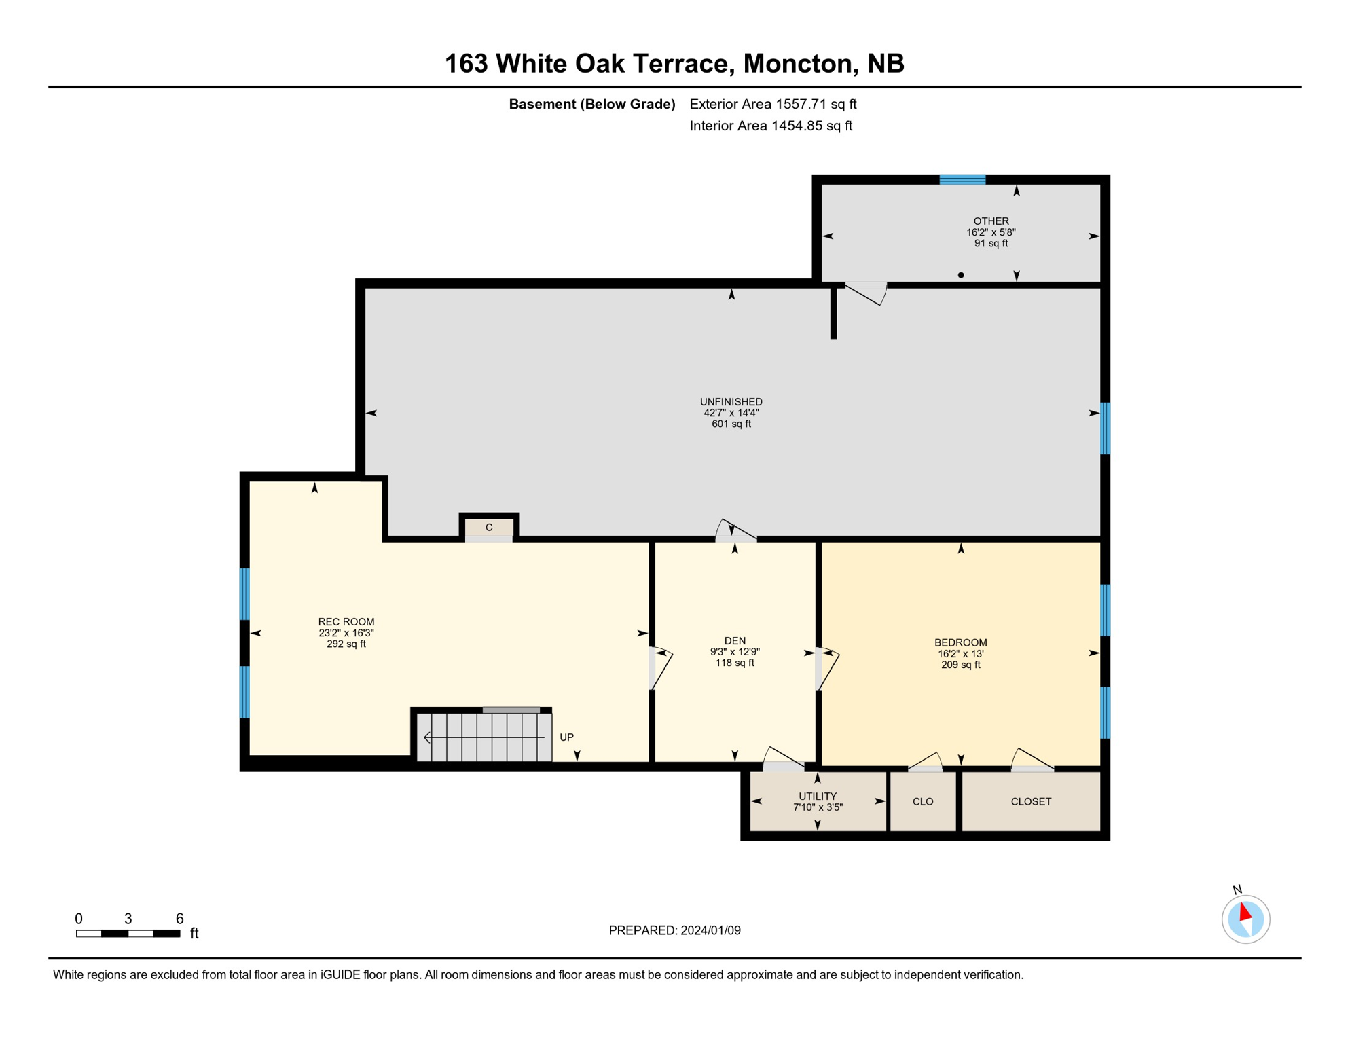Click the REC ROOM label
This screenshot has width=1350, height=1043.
[x=346, y=621]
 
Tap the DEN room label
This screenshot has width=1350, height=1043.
[x=735, y=640]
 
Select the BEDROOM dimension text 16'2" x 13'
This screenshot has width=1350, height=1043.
[x=960, y=653]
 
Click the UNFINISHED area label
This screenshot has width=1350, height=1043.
[x=731, y=401]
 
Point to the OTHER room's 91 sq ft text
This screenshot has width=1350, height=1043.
[x=991, y=243]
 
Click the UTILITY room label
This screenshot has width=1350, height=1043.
[x=817, y=796]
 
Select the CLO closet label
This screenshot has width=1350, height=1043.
[x=922, y=801]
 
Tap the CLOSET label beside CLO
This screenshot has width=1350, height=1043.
[x=1030, y=801]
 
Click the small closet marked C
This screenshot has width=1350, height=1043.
[x=488, y=528]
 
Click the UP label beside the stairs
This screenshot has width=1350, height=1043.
[x=566, y=737]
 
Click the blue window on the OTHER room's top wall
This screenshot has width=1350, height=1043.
[x=962, y=179]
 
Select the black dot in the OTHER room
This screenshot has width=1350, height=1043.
[x=960, y=275]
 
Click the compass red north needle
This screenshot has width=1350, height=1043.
[x=1245, y=911]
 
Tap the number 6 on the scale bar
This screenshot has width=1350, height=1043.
[x=179, y=918]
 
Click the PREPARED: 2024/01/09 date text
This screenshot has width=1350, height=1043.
[x=674, y=930]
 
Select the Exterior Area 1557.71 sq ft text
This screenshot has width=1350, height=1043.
[x=773, y=104]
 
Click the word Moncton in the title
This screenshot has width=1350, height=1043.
[x=797, y=63]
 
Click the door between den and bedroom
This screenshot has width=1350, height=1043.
[x=826, y=669]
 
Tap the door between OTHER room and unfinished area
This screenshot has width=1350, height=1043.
[x=866, y=292]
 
